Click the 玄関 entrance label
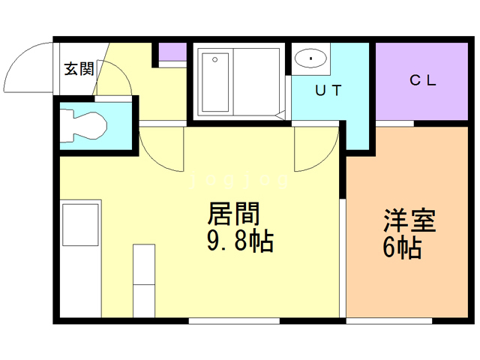[79, 69]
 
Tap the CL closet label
[423, 80]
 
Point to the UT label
[328, 90]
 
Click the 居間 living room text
[233, 214]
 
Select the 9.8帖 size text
[240, 241]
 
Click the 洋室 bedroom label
[409, 220]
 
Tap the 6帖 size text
[402, 248]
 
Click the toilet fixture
[83, 126]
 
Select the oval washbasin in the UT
[310, 58]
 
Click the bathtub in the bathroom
[215, 82]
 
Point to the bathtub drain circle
[215, 59]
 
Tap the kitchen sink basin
[80, 225]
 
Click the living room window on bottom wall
[234, 321]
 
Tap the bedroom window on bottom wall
[389, 321]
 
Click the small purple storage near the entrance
[172, 52]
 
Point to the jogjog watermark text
[239, 180]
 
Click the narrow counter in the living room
[144, 280]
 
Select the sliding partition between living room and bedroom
[343, 258]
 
